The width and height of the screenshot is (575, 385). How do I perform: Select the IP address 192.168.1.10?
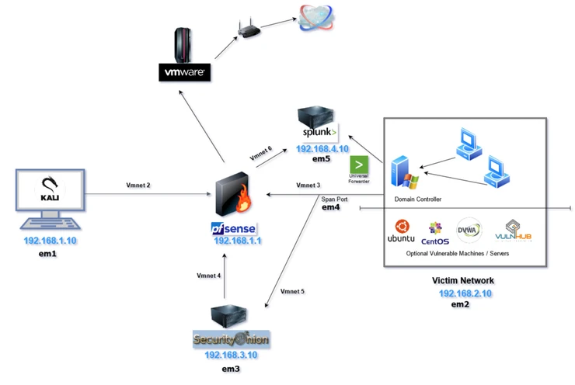click(49, 241)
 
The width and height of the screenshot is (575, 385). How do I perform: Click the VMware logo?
click(184, 73)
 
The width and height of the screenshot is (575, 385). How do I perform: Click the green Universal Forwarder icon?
click(359, 165)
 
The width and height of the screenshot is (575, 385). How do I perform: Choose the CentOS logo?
click(435, 231)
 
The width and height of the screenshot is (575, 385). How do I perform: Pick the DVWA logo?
click(469, 231)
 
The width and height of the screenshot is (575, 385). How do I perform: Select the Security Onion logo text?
click(231, 340)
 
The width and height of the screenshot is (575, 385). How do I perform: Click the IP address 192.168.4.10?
click(321, 149)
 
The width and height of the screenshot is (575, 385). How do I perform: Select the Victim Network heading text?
click(462, 280)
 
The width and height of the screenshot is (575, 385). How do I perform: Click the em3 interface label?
click(231, 369)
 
